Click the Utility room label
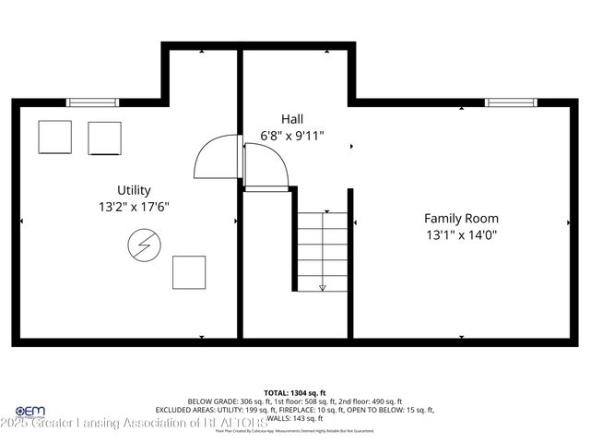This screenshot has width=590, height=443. coord(134,190)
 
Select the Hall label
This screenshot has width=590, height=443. coord(292,118)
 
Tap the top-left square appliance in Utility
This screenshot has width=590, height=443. coord(54,138)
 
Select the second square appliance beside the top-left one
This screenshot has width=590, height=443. coord(104,138)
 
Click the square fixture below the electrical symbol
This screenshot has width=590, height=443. coord(189,271)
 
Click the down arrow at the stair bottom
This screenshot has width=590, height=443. coord(322,287)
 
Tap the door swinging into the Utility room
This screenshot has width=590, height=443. coord(218,158)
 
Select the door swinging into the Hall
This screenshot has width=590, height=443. coord(267,166)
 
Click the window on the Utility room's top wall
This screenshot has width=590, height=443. coord(94,102)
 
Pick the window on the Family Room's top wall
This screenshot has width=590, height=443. coord(513,102)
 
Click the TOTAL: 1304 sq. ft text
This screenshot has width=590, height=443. coord(295,392)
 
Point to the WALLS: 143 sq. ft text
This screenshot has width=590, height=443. coord(295,417)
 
